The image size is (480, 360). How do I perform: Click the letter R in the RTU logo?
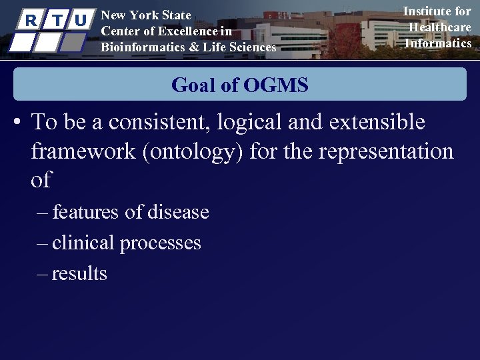(29, 21)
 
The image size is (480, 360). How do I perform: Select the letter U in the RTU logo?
(81, 21)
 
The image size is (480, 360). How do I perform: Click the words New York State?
(145, 15)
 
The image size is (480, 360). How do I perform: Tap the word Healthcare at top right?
(439, 27)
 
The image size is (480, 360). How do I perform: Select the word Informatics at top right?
(438, 43)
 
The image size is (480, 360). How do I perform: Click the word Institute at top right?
(428, 11)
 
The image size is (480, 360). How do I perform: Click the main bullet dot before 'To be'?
(18, 123)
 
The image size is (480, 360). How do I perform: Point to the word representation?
(386, 151)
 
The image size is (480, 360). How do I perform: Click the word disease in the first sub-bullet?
(178, 212)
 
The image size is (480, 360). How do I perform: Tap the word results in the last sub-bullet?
(79, 273)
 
